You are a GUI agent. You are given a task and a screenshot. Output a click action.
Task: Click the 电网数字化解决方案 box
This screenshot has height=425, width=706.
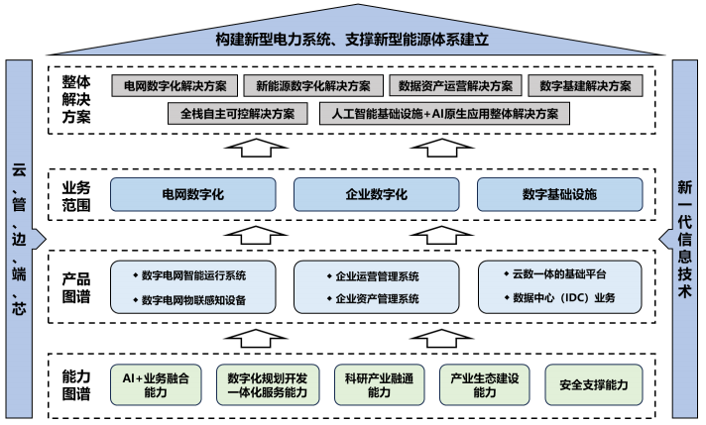click(171, 86)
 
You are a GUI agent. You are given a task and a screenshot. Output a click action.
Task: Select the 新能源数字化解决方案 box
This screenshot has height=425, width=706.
click(312, 86)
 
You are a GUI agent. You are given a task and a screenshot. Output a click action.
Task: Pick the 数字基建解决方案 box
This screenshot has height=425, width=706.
click(584, 86)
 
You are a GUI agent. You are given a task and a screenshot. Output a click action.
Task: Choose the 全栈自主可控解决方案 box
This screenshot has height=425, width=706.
click(237, 113)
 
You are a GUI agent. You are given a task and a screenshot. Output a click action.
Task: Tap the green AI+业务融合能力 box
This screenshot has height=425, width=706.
click(155, 384)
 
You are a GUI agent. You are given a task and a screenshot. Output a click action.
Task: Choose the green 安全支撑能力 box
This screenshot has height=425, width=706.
click(593, 384)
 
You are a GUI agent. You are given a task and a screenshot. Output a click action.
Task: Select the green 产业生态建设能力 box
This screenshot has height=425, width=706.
click(484, 384)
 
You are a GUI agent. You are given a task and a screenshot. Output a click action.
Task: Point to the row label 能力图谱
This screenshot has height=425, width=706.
click(77, 384)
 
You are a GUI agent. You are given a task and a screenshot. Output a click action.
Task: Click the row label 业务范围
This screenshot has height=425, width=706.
click(77, 193)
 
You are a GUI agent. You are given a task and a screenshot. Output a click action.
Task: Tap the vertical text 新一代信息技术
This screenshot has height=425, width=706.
click(685, 238)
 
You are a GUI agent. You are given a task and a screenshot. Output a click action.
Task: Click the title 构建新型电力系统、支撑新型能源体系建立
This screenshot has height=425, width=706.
click(353, 41)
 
